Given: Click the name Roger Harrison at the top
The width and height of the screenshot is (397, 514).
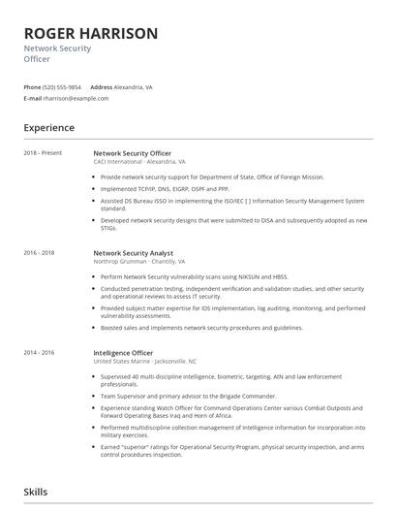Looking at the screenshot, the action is [91, 34].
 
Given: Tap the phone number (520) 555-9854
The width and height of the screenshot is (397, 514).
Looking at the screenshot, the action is [63, 86].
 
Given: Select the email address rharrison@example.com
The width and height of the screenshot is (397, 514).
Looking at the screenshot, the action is [76, 98].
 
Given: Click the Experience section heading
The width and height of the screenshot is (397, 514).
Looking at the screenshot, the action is [49, 127].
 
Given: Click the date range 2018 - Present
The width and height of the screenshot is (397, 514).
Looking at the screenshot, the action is [42, 153].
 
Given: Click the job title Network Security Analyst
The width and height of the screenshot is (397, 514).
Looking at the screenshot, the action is [134, 252].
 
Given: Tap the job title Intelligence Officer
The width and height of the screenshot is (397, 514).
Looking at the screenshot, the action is [123, 351].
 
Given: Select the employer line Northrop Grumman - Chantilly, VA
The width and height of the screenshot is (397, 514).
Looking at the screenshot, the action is [138, 261].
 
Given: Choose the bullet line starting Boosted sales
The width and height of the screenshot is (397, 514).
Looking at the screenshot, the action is [200, 327].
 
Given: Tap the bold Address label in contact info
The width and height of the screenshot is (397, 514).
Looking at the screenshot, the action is [102, 86].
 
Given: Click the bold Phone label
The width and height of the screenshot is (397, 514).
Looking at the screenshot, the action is [33, 86].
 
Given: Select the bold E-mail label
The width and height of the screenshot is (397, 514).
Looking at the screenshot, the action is [34, 98].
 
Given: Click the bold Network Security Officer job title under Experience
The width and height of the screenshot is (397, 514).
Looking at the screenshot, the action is [132, 153].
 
